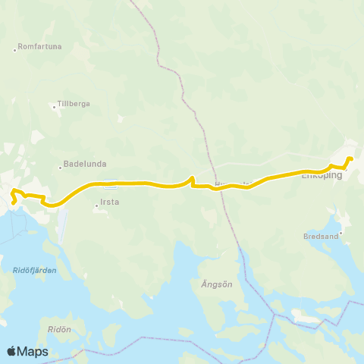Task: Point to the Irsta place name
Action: (111, 203)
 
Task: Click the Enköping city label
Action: (322, 176)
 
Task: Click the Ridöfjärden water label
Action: (30, 269)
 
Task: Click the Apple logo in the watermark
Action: (11, 351)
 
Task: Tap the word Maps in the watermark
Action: (33, 351)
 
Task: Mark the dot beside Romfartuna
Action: (15, 51)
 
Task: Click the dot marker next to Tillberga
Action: (54, 107)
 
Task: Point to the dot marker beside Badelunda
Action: (60, 168)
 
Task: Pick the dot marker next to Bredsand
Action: (341, 233)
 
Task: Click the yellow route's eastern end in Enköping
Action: (350, 158)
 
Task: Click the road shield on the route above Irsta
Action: (111, 182)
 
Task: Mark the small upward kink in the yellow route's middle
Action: (193, 179)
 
